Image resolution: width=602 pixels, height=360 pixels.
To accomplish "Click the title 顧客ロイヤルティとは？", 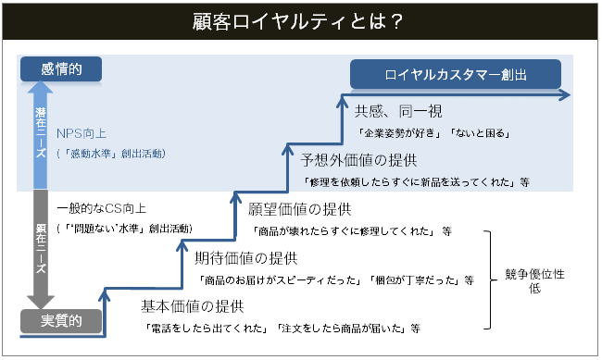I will [x=301, y=20].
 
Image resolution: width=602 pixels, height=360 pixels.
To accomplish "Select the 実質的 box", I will [x=60, y=321].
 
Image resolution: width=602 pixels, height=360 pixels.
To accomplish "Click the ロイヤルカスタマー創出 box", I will [x=456, y=74].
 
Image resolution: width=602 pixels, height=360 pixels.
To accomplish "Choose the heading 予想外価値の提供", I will [x=359, y=159].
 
